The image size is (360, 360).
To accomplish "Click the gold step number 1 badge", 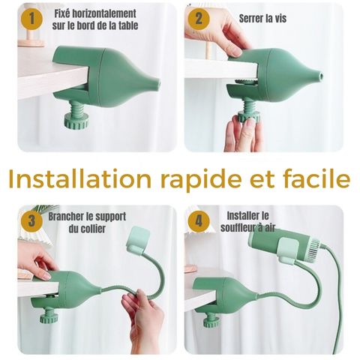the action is coord(31,19).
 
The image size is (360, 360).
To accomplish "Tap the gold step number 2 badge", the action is coord(199,19).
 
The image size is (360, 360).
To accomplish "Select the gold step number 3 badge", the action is coord(31,221).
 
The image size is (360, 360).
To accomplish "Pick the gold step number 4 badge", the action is coord(199,221).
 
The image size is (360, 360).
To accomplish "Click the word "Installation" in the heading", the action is coord(80,178).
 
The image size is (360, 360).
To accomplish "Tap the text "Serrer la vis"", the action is coord(262,18).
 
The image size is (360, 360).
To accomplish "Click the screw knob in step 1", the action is coord(76,121).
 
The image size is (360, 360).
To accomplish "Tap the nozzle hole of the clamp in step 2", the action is coord(322,75).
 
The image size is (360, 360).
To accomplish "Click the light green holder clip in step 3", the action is coord(138,238).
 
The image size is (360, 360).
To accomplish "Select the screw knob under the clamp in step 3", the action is coord(49,316).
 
